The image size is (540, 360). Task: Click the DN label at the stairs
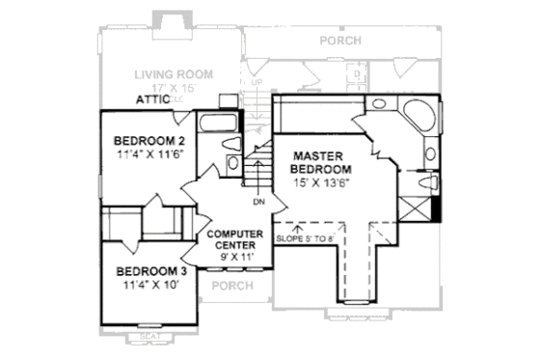click(x=258, y=203)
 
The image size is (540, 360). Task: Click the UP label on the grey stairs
click(x=256, y=83)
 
